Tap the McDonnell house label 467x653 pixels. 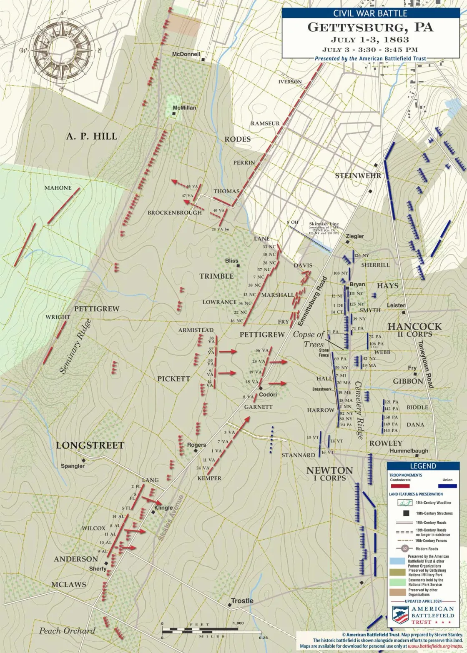click(x=186, y=54)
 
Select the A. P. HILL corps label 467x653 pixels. click(x=91, y=136)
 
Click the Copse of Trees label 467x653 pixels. click(x=309, y=339)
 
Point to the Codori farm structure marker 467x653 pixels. click(x=260, y=388)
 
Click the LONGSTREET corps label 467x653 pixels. click(x=90, y=445)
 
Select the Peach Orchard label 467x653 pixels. click(x=67, y=630)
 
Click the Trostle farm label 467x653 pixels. click(x=242, y=600)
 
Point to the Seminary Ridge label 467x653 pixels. click(x=75, y=346)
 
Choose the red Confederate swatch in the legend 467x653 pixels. click(x=400, y=486)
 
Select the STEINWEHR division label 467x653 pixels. click(x=358, y=176)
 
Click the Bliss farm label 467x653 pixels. click(x=231, y=260)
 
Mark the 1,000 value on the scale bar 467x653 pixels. click(x=238, y=623)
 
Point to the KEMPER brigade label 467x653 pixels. click(x=209, y=478)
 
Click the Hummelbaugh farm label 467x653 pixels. click(x=409, y=450)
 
